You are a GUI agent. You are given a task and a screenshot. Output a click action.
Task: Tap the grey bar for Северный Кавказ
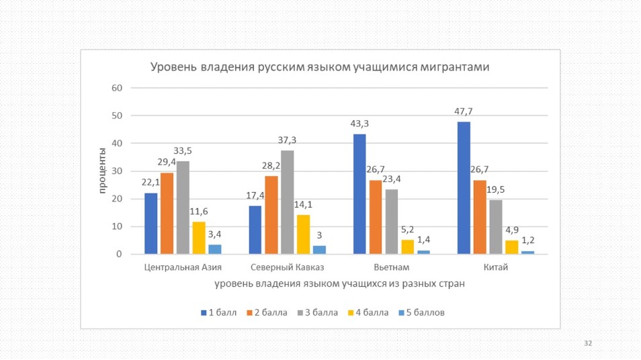pyautogui.click(x=287, y=202)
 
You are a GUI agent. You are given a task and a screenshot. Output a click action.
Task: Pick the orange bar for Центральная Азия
pyautogui.click(x=167, y=214)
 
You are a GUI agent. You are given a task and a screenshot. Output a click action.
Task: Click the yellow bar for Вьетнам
pyautogui.click(x=408, y=247)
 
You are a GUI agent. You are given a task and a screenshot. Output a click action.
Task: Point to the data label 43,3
pyautogui.click(x=359, y=124)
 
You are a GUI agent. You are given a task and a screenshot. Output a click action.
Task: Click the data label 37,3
pyautogui.click(x=287, y=140)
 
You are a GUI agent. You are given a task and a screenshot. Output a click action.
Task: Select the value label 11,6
pyautogui.click(x=199, y=212)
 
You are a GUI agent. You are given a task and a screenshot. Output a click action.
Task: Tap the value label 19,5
pyautogui.click(x=496, y=190)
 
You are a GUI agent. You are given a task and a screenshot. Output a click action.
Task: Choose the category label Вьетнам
pyautogui.click(x=391, y=268)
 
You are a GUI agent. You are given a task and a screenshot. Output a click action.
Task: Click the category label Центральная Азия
pyautogui.click(x=183, y=268)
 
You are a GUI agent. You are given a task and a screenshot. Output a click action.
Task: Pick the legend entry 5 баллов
pyautogui.click(x=421, y=312)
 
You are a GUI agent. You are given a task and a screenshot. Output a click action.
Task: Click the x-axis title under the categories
pyautogui.click(x=339, y=284)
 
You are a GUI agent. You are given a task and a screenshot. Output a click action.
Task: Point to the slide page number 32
pyautogui.click(x=588, y=343)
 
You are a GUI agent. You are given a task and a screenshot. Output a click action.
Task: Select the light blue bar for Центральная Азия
pyautogui.click(x=215, y=249)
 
